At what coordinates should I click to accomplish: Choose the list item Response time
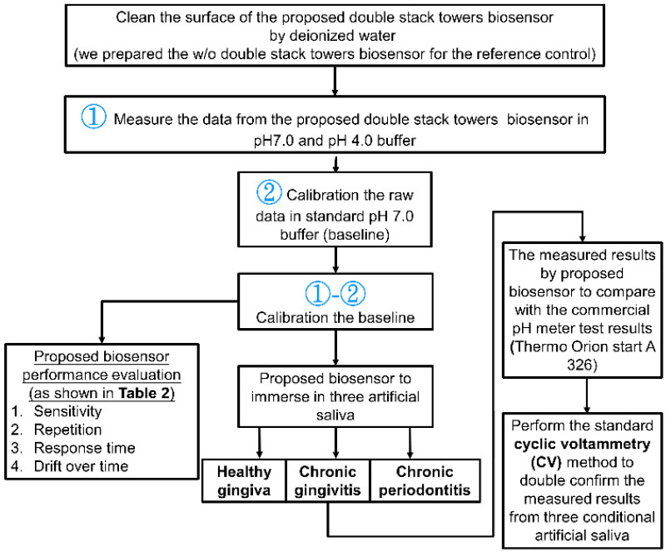coord(80,448)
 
